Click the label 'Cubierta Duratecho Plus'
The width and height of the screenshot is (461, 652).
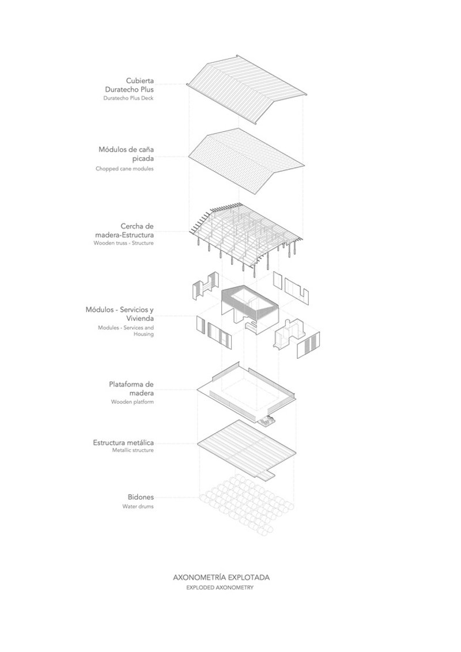click(129, 85)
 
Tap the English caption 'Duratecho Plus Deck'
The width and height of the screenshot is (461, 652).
click(128, 98)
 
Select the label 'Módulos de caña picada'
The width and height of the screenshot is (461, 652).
click(126, 153)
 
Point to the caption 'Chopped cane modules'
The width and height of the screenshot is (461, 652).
click(124, 169)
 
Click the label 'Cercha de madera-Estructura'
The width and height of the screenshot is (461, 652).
click(124, 230)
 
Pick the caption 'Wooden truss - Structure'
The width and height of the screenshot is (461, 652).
click(123, 243)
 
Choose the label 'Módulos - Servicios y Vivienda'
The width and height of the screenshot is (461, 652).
click(120, 314)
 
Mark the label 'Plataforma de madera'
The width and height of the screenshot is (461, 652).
click(131, 388)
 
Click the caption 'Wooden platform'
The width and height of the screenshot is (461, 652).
click(133, 402)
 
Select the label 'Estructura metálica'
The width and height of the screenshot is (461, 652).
click(123, 442)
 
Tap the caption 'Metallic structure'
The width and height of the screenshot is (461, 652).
click(133, 450)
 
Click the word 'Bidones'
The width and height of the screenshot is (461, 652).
click(141, 497)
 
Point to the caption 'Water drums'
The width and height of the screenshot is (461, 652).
click(138, 506)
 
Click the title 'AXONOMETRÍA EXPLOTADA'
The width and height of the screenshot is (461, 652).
click(221, 577)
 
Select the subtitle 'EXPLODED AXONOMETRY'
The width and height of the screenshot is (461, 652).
click(220, 588)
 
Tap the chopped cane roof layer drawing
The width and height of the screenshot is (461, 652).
click(246, 161)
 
